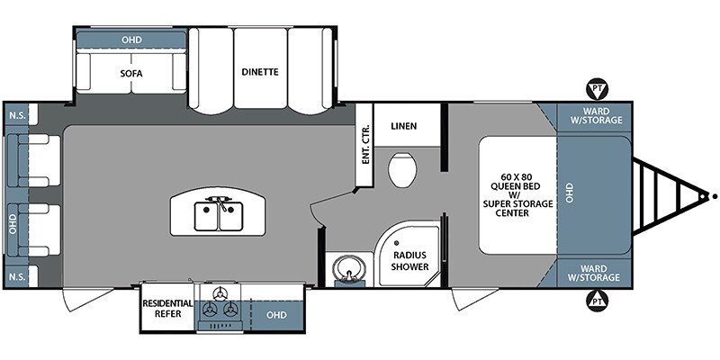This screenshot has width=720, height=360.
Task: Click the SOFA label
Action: click(131, 74)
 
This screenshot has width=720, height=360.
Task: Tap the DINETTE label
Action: click(260, 72)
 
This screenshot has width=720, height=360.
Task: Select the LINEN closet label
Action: click(404, 126)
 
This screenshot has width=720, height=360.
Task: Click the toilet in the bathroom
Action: click(402, 169)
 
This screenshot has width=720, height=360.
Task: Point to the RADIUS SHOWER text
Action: click(409, 261)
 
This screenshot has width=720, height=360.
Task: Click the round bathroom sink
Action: click(350, 268)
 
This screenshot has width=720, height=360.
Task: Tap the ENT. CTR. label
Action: click(366, 144)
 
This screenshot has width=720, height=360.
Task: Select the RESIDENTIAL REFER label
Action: click(167, 309)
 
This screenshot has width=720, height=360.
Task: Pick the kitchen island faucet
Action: click(219, 201)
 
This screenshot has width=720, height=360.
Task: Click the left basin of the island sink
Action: click(206, 217)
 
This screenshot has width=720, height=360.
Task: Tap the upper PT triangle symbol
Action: click(597, 89)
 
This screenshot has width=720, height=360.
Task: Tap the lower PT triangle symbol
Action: click(597, 301)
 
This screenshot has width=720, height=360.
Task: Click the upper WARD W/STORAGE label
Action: click(596, 116)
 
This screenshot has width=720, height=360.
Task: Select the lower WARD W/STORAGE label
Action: click(594, 273)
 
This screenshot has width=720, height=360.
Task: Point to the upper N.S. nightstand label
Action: click(17, 115)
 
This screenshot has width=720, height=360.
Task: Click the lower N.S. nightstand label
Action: click(17, 276)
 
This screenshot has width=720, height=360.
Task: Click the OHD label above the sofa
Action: click(131, 40)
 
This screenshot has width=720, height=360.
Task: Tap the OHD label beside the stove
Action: click(276, 315)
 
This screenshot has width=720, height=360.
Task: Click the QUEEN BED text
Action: click(516, 186)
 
